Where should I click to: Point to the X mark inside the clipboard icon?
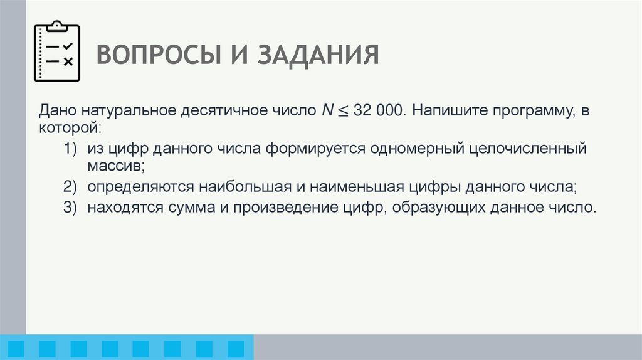pyautogui.click(x=68, y=61)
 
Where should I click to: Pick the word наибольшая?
pyautogui.click(x=248, y=187)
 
